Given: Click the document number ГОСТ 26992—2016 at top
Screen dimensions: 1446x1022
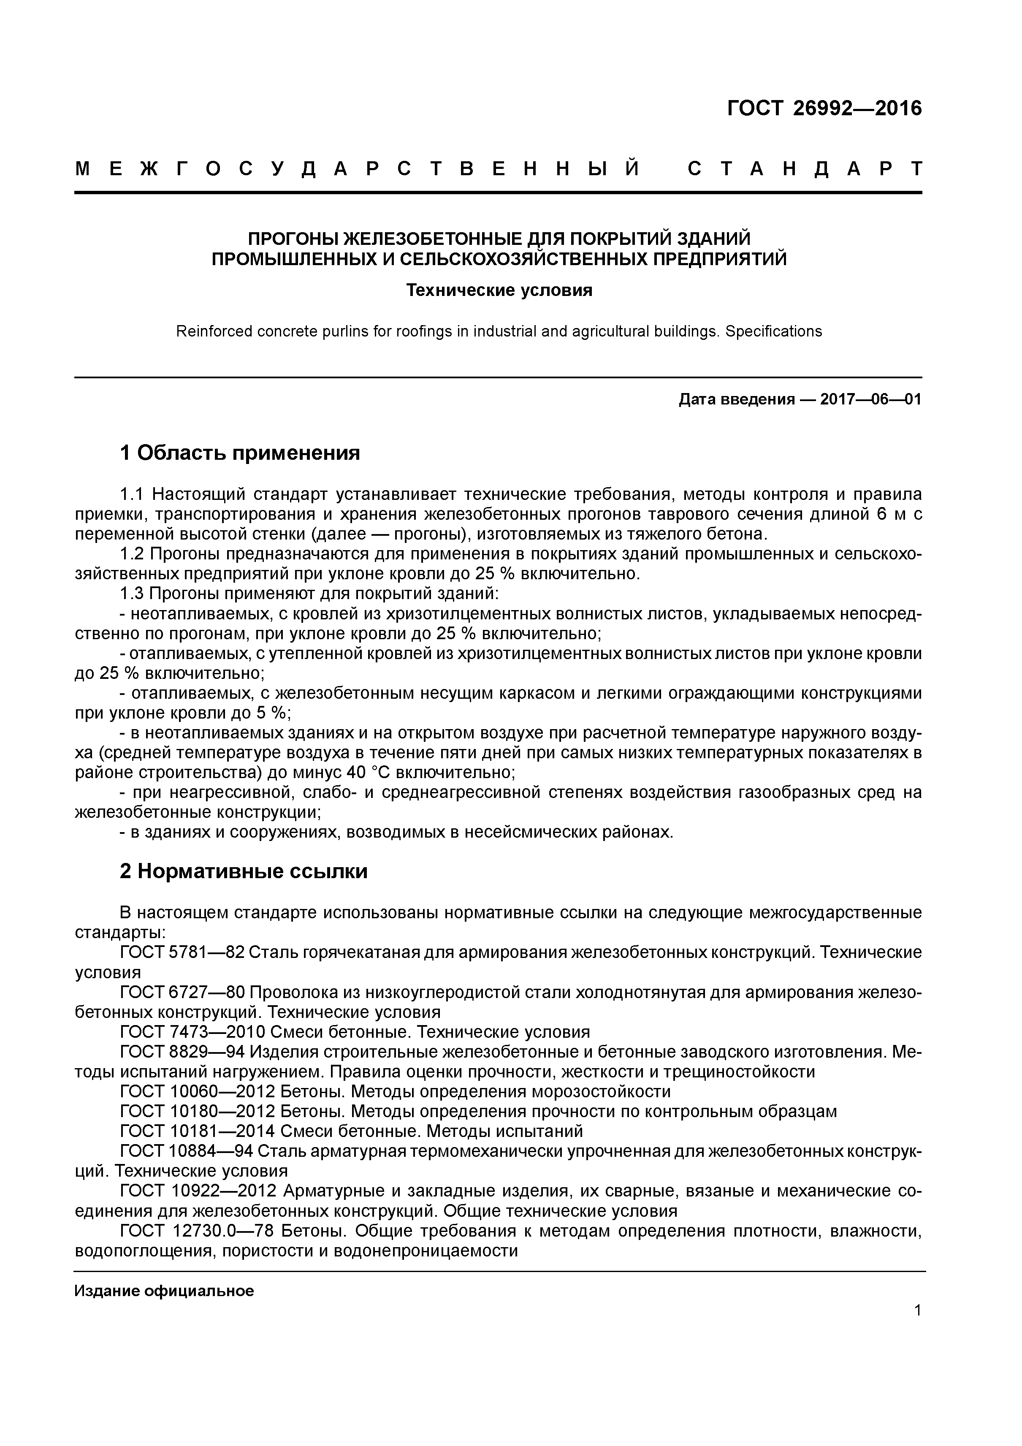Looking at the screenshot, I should point(824,109).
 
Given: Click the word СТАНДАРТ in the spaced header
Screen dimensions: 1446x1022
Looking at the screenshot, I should point(805,169).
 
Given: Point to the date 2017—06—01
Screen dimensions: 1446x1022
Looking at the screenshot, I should point(870,399).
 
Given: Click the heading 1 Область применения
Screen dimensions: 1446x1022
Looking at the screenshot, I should point(239,452).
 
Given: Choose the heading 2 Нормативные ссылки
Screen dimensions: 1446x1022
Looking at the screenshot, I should point(243,872).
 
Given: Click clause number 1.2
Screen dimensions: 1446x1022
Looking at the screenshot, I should point(132,554).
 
